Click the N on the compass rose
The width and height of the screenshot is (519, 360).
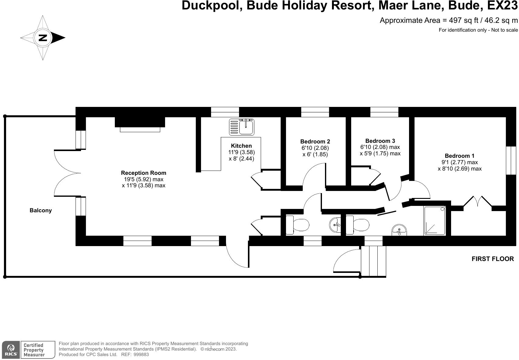click(43, 38)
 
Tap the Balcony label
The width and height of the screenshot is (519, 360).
click(41, 210)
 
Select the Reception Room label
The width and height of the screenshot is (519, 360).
click(143, 173)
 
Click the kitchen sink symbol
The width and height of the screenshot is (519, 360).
click(242, 127)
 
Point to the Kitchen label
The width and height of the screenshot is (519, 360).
click(241, 146)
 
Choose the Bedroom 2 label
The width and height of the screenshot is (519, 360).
click(315, 141)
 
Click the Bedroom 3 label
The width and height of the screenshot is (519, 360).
click(380, 141)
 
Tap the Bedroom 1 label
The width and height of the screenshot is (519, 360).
click(459, 156)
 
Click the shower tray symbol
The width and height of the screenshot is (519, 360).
click(435, 221)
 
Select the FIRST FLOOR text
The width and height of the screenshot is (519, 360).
click(493, 259)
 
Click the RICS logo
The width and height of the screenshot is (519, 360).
click(11, 350)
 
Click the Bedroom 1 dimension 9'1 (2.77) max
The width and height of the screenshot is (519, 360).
click(459, 162)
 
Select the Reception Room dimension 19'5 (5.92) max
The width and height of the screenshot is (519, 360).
click(143, 179)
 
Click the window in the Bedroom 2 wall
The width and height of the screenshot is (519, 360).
click(315, 112)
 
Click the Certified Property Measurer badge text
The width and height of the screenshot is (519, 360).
click(34, 350)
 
